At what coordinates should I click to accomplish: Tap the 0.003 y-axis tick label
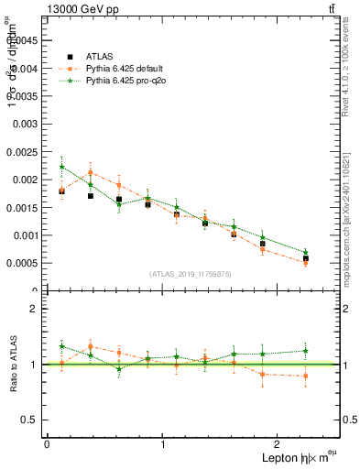point(25,123)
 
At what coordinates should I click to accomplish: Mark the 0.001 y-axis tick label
point(25,235)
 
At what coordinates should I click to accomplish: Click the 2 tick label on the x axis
point(279,444)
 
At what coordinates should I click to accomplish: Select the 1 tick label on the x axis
point(163,444)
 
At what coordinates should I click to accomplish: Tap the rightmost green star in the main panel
point(305,252)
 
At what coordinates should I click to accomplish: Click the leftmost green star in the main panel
point(61,167)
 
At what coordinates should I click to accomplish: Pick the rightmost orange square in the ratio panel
point(305,376)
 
